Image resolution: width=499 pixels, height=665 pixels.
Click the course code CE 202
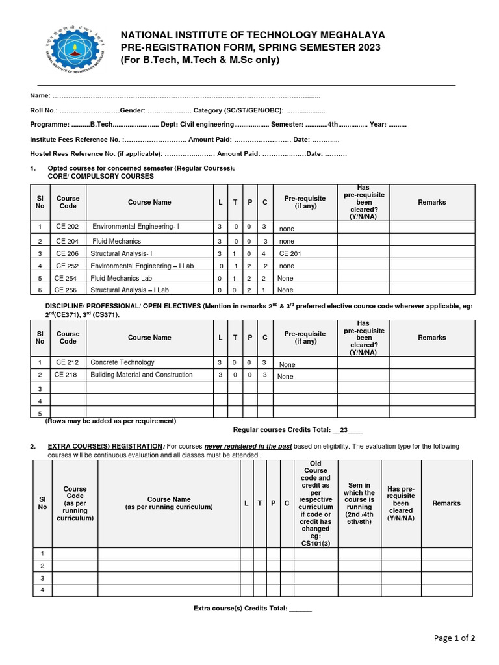click(67, 227)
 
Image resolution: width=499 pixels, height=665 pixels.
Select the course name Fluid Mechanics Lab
click(121, 278)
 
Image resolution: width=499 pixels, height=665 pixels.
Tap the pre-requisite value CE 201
click(290, 254)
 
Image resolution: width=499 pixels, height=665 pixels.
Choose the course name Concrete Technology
click(122, 362)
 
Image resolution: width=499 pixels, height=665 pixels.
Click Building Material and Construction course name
click(142, 375)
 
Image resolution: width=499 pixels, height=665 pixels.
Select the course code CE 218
click(66, 375)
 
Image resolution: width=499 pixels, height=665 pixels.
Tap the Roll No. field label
click(44, 110)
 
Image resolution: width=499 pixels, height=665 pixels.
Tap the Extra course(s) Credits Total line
click(253, 609)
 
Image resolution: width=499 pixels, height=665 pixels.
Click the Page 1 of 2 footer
click(455, 638)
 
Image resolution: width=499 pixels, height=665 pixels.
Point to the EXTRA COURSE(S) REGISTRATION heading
click(105, 447)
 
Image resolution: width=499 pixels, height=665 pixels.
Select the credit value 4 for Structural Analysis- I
click(264, 254)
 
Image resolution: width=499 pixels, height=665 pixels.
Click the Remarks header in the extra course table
click(446, 503)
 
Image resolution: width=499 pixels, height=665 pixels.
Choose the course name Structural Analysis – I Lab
click(129, 290)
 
